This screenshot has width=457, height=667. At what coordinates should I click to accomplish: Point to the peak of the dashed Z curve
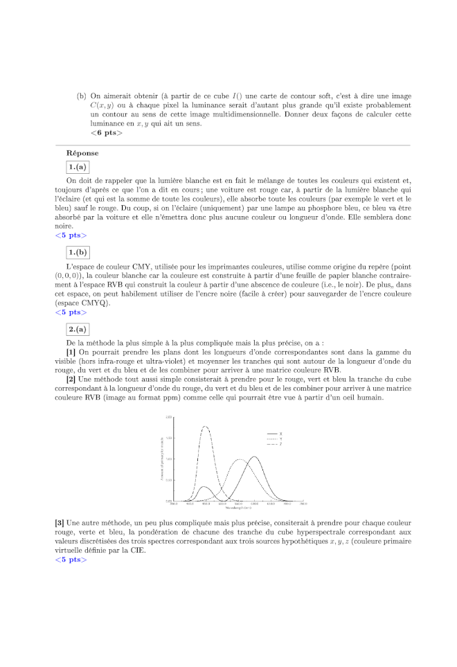(x=206, y=427)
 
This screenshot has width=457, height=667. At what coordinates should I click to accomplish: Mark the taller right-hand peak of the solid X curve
(x=255, y=456)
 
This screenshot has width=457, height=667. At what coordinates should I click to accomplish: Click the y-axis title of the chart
(x=161, y=459)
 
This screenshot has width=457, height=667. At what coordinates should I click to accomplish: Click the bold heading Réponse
(x=82, y=152)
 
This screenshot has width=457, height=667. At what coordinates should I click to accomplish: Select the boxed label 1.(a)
(x=78, y=167)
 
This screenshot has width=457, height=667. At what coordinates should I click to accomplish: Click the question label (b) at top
(x=82, y=96)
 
